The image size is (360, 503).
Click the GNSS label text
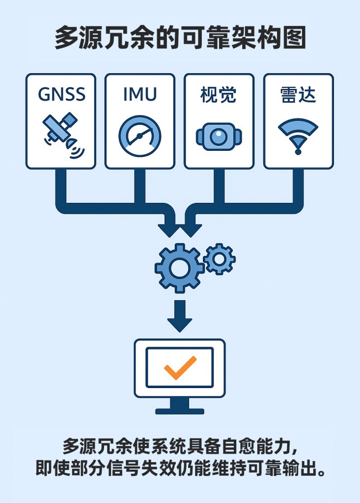(x=61, y=94)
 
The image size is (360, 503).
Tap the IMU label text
(x=140, y=94)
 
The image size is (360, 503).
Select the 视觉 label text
(x=219, y=94)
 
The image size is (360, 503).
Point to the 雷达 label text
(x=298, y=94)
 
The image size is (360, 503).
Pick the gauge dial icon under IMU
(x=140, y=136)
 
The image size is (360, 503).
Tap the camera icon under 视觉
(x=219, y=136)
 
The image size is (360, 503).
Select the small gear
(x=219, y=258)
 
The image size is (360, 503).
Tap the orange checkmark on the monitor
(x=180, y=367)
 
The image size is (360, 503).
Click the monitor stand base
(x=180, y=411)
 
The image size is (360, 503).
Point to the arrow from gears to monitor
(x=180, y=317)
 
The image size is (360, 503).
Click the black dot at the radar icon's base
(x=298, y=152)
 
